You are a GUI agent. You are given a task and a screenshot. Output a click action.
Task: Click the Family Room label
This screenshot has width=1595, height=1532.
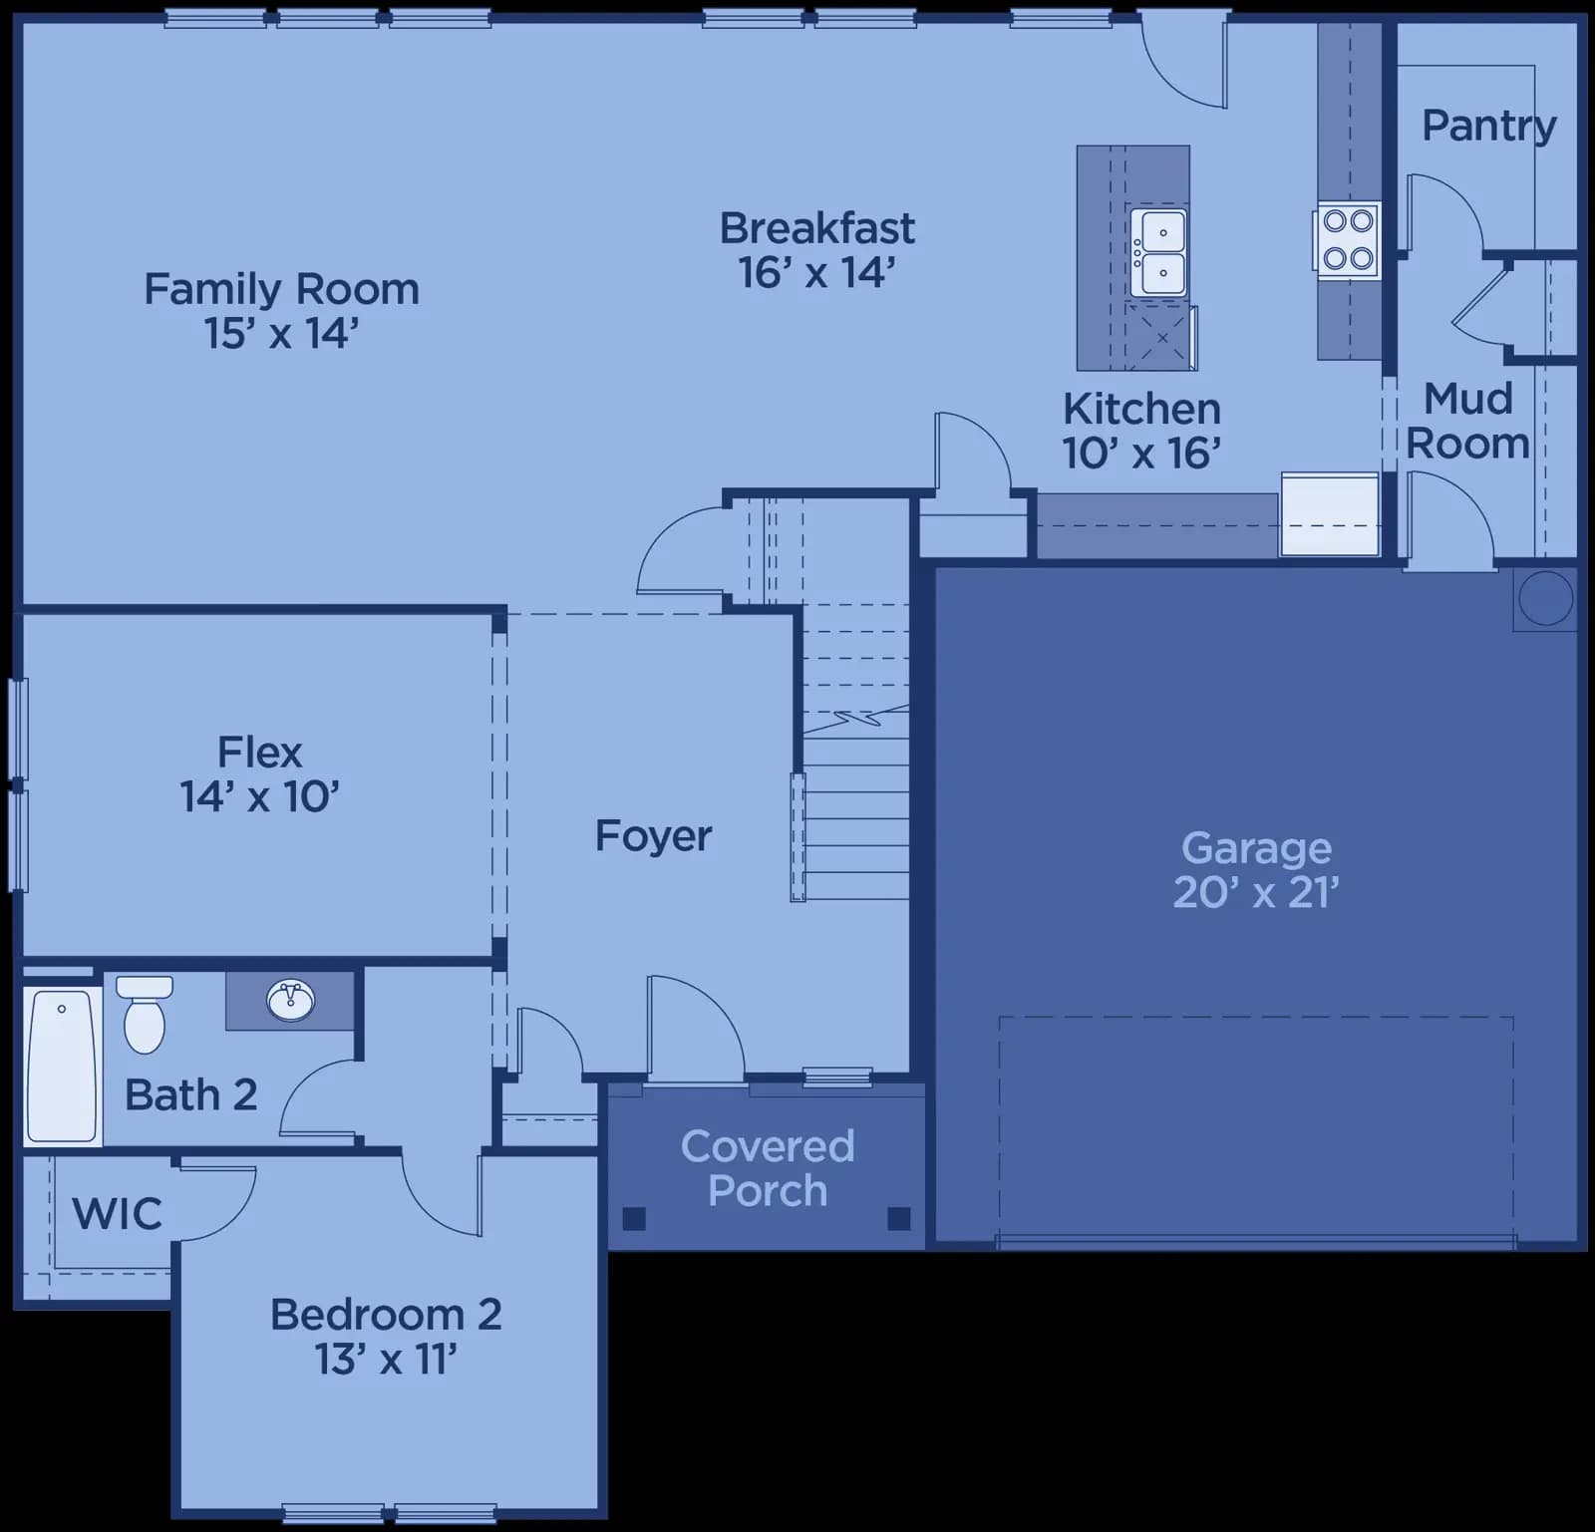[x=281, y=289]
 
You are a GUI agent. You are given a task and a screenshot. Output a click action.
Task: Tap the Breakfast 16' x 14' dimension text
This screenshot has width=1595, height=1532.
[x=816, y=273]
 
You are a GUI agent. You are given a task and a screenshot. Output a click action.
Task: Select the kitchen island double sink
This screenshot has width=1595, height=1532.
[x=1158, y=253]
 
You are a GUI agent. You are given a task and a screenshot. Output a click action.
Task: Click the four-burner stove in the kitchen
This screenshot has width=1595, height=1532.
[x=1348, y=240]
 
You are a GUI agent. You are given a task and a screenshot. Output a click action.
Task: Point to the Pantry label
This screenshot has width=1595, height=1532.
[x=1488, y=126]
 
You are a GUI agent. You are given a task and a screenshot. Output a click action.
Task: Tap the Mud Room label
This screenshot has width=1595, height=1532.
[x=1467, y=421]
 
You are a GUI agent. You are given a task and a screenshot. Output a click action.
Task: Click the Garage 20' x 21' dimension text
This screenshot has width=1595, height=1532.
[x=1256, y=892]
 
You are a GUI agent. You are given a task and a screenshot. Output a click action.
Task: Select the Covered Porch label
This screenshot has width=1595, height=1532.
[x=768, y=1168]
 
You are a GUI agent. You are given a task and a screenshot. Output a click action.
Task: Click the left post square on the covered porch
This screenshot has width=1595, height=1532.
[x=634, y=1218]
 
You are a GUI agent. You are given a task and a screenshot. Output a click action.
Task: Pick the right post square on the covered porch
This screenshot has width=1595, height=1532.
[x=898, y=1218]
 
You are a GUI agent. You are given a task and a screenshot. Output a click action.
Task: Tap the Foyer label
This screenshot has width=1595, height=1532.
[x=653, y=836]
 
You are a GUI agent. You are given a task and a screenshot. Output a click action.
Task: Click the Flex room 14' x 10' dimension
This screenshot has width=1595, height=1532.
[x=259, y=796]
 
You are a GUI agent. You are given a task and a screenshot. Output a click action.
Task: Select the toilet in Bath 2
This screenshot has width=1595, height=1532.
[x=145, y=1014]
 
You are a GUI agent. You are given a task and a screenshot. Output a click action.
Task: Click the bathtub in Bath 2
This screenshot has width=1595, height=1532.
[x=62, y=1065]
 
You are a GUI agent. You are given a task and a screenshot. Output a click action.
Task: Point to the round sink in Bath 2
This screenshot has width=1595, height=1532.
[x=291, y=999]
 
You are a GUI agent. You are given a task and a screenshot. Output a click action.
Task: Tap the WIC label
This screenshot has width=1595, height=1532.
[x=117, y=1214]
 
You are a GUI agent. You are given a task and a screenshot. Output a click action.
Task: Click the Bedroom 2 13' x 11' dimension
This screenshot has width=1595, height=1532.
[x=386, y=1359]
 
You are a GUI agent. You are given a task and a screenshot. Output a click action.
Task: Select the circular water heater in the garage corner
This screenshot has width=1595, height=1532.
[x=1545, y=598]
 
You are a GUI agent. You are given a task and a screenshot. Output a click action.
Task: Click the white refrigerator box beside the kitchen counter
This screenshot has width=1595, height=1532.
[x=1330, y=513]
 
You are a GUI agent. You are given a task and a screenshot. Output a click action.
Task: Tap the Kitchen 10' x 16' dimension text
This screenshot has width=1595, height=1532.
[x=1141, y=454]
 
